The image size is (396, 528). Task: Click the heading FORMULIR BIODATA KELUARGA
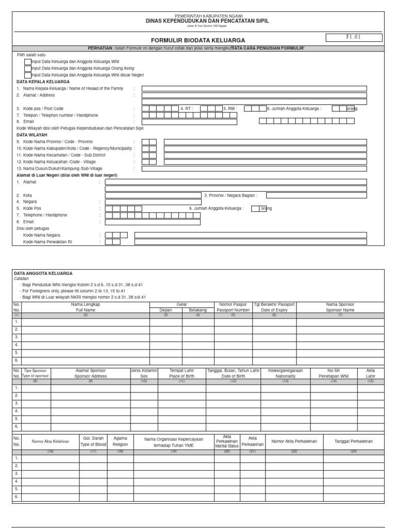click(x=191, y=40)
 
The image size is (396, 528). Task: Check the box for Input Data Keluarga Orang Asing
click(x=28, y=68)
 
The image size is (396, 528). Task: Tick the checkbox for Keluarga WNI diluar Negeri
click(x=28, y=75)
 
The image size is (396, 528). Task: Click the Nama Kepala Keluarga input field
click(x=254, y=89)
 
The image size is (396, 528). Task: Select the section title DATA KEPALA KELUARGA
click(x=43, y=81)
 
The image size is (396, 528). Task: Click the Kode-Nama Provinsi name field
click(x=265, y=142)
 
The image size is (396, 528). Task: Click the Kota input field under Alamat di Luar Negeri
click(x=153, y=195)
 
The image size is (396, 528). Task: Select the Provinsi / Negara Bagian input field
click(x=317, y=195)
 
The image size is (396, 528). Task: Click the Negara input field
click(x=153, y=202)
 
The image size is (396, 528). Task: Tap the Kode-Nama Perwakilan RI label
click(x=47, y=241)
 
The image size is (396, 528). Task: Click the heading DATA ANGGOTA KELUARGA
click(x=43, y=273)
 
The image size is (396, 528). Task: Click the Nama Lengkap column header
click(x=86, y=307)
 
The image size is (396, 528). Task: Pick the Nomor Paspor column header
click(x=233, y=307)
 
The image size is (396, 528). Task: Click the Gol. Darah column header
click(x=93, y=441)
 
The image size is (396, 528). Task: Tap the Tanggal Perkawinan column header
click(x=353, y=441)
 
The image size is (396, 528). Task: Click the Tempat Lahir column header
click(x=181, y=373)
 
